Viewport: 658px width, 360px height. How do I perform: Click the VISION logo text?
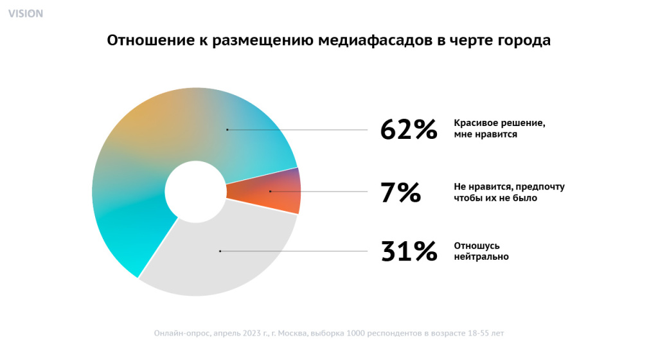pos(26,14)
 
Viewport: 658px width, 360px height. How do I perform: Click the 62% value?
pos(409,130)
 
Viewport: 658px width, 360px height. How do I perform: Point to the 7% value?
pos(400,192)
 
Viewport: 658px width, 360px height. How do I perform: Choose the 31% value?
pos(409,251)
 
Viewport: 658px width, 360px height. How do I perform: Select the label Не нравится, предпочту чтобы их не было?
pos(509,192)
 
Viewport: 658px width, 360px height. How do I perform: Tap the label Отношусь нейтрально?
pos(482,251)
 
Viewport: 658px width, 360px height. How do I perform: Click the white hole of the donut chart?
pos(195,191)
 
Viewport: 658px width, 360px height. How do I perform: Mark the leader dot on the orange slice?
pos(271,192)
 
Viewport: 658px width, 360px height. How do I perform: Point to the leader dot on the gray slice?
pos(220,251)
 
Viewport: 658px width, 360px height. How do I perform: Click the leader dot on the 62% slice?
pos(227,130)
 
